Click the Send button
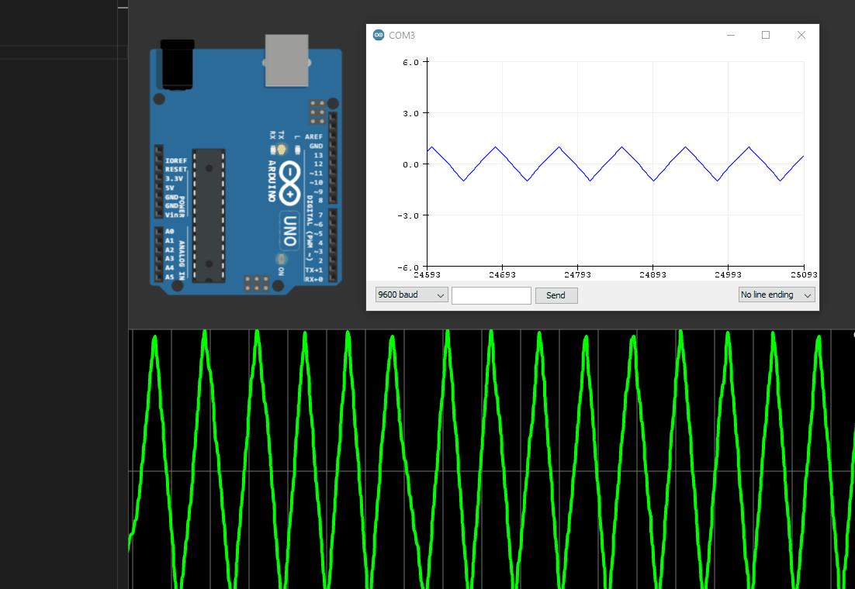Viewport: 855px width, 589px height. (556, 295)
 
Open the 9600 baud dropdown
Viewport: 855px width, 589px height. (411, 295)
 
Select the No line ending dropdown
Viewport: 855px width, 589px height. (777, 295)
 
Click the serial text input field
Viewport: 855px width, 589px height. (491, 295)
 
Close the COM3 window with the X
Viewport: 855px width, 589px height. (801, 35)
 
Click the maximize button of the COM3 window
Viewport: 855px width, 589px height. (766, 35)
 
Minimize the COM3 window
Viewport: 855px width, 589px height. (730, 35)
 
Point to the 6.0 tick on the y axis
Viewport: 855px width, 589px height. (410, 62)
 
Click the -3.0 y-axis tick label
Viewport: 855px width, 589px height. (409, 215)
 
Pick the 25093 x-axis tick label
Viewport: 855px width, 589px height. (802, 274)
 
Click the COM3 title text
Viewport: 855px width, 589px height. (402, 36)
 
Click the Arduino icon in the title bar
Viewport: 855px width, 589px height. (379, 35)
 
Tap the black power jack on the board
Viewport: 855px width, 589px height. (178, 64)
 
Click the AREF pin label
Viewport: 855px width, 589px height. (313, 137)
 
